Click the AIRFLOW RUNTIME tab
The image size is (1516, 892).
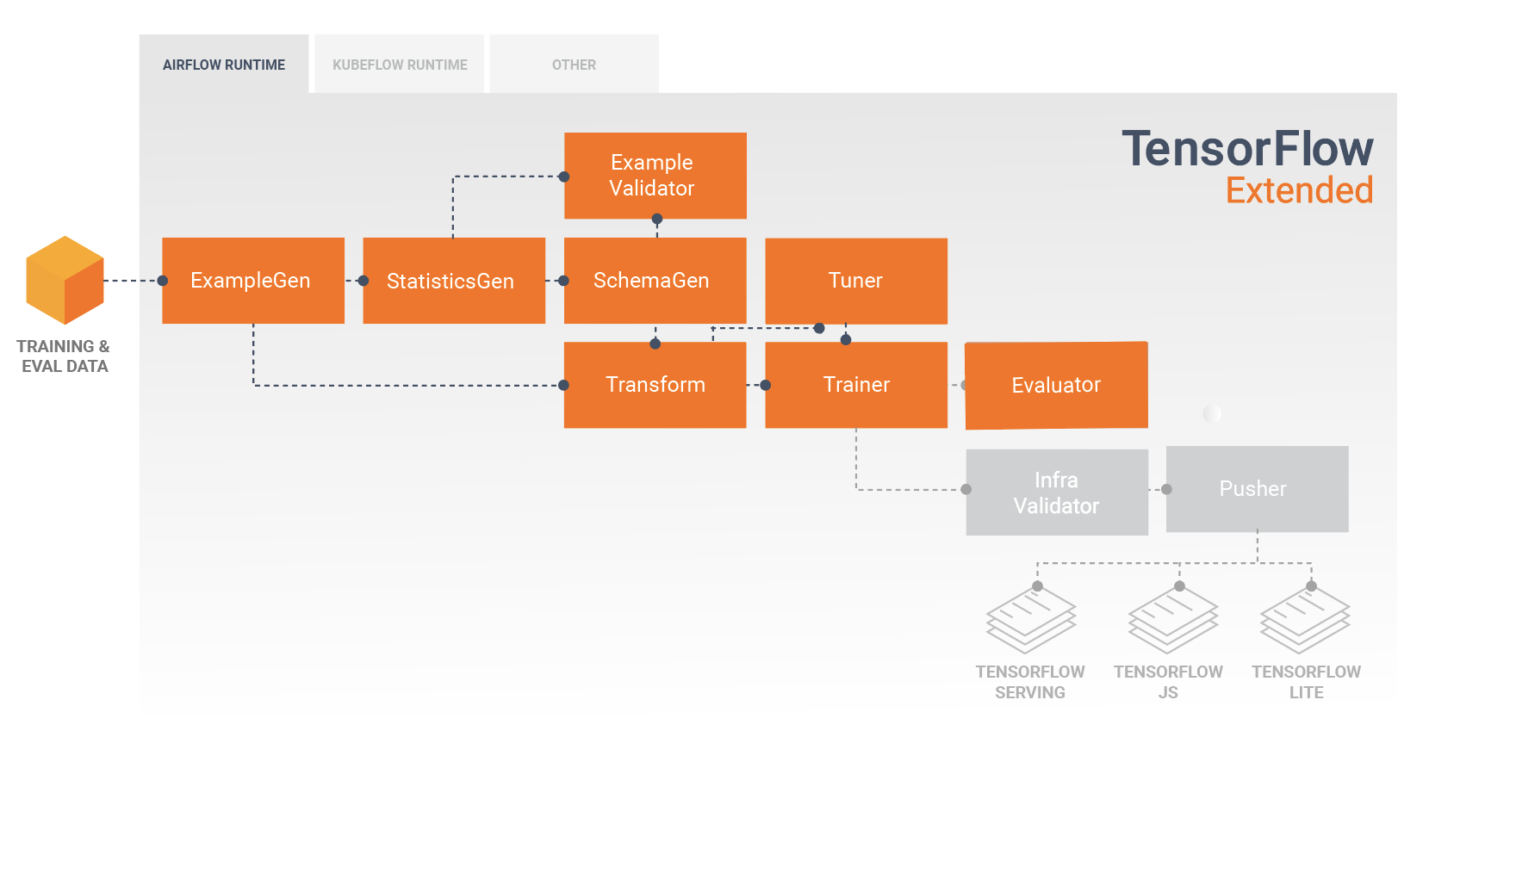[224, 65]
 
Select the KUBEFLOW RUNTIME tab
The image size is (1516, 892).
[400, 65]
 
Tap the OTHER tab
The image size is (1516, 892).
[574, 65]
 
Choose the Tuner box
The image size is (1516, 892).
[856, 281]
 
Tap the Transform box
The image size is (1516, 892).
[655, 385]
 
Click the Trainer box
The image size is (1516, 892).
[856, 385]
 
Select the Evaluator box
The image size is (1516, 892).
[1057, 385]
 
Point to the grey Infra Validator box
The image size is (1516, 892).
[1057, 492]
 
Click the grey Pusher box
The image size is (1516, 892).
[1257, 489]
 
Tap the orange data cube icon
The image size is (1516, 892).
[65, 281]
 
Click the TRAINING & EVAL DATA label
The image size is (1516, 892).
[64, 356]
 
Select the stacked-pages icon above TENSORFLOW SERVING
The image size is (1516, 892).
[1031, 620]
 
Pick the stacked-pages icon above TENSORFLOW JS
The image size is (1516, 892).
[1172, 620]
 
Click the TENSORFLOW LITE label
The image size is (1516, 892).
[1306, 682]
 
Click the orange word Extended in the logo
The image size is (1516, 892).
[1299, 190]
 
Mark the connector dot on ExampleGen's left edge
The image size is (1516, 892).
[163, 281]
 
